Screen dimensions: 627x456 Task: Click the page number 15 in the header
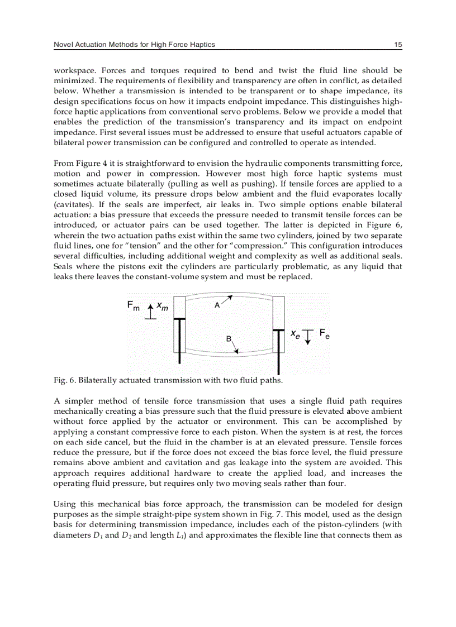(x=397, y=45)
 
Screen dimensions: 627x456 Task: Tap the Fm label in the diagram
(x=134, y=306)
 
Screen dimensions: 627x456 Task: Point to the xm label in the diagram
(x=163, y=306)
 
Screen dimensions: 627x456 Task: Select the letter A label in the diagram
(x=217, y=305)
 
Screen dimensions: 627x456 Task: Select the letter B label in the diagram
(x=229, y=339)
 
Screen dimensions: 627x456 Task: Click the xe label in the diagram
(x=294, y=333)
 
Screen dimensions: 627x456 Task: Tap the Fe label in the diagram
(x=324, y=333)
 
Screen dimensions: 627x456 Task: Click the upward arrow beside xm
(x=150, y=311)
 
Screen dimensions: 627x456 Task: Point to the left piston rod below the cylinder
(x=180, y=336)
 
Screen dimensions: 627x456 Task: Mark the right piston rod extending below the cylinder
(x=278, y=357)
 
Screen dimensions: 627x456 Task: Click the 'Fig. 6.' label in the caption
(x=64, y=381)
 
